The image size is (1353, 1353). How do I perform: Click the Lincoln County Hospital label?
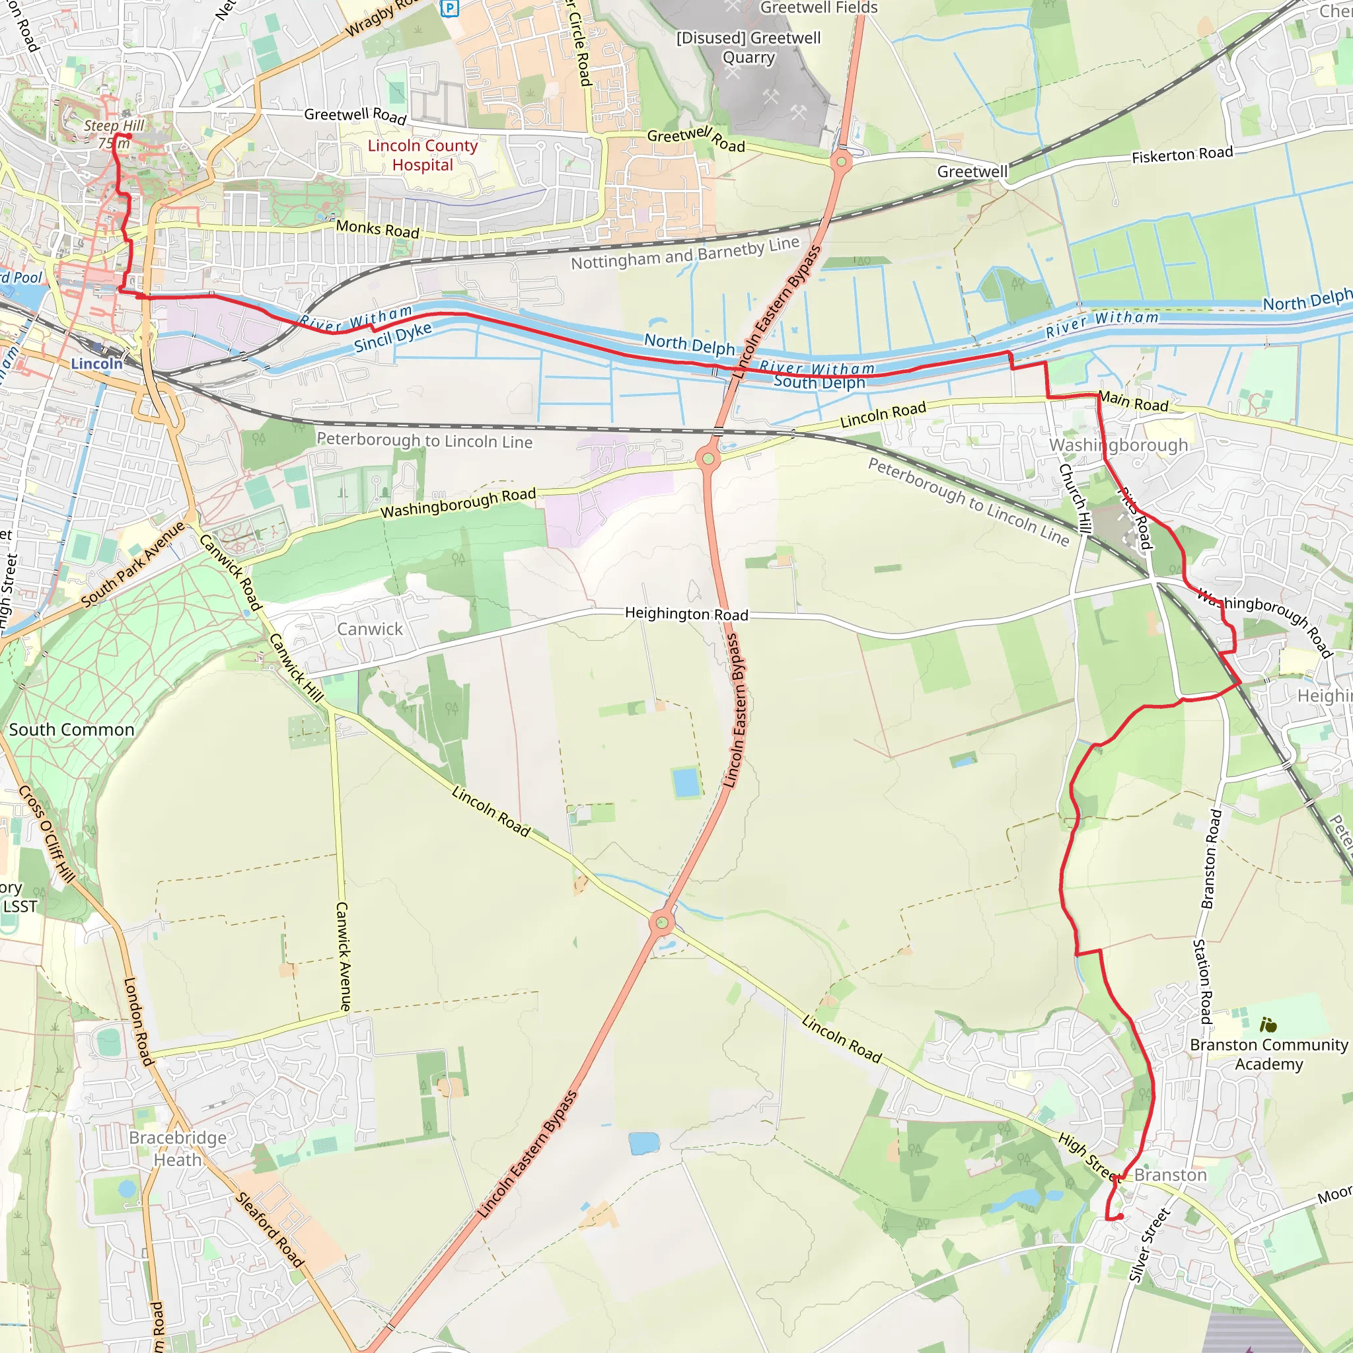pos(422,155)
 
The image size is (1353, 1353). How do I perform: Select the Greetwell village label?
pos(972,172)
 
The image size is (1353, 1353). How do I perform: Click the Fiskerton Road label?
pos(1182,155)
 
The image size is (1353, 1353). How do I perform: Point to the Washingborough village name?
pos(1118,445)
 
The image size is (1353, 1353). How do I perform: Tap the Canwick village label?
pos(370,629)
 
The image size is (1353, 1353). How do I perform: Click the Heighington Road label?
pos(686,614)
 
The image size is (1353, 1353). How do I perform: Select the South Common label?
pos(71,730)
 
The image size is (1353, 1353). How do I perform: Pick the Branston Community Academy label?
pos(1268,1054)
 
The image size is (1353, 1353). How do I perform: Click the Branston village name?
pos(1170,1175)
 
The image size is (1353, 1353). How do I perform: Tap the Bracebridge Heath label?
pos(178,1148)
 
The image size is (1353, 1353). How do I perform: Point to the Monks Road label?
pos(377,229)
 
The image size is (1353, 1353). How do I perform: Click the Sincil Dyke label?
pos(393,337)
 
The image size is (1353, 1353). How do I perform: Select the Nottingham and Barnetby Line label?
pos(685,254)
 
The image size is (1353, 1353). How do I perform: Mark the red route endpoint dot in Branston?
pos(1120,1216)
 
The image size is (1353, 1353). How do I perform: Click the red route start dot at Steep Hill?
pos(129,137)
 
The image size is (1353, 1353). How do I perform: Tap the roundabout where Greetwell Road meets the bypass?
pos(841,163)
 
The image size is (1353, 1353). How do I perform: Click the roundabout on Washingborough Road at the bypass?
pos(708,458)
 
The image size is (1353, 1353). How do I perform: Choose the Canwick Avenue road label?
pos(343,957)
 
